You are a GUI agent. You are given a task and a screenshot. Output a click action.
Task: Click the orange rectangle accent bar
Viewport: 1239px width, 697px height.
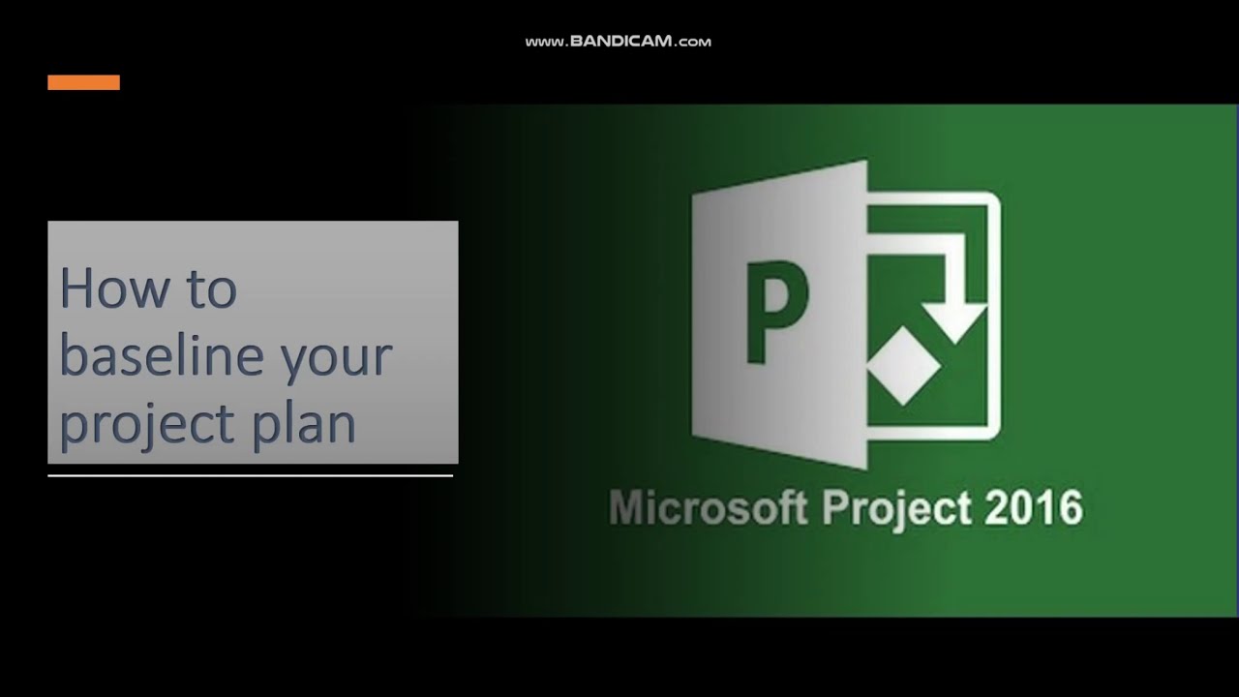click(83, 82)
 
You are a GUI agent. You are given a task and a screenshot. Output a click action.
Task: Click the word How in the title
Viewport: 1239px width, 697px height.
click(106, 289)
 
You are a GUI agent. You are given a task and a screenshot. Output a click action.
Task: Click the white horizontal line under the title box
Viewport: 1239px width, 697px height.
click(250, 475)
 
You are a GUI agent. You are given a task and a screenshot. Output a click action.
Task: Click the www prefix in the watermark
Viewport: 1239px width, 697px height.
click(544, 43)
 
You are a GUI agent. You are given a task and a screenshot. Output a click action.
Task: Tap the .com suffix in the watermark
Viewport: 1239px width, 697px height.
click(694, 43)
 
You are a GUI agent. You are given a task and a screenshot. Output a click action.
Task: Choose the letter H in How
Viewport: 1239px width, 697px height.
click(77, 288)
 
